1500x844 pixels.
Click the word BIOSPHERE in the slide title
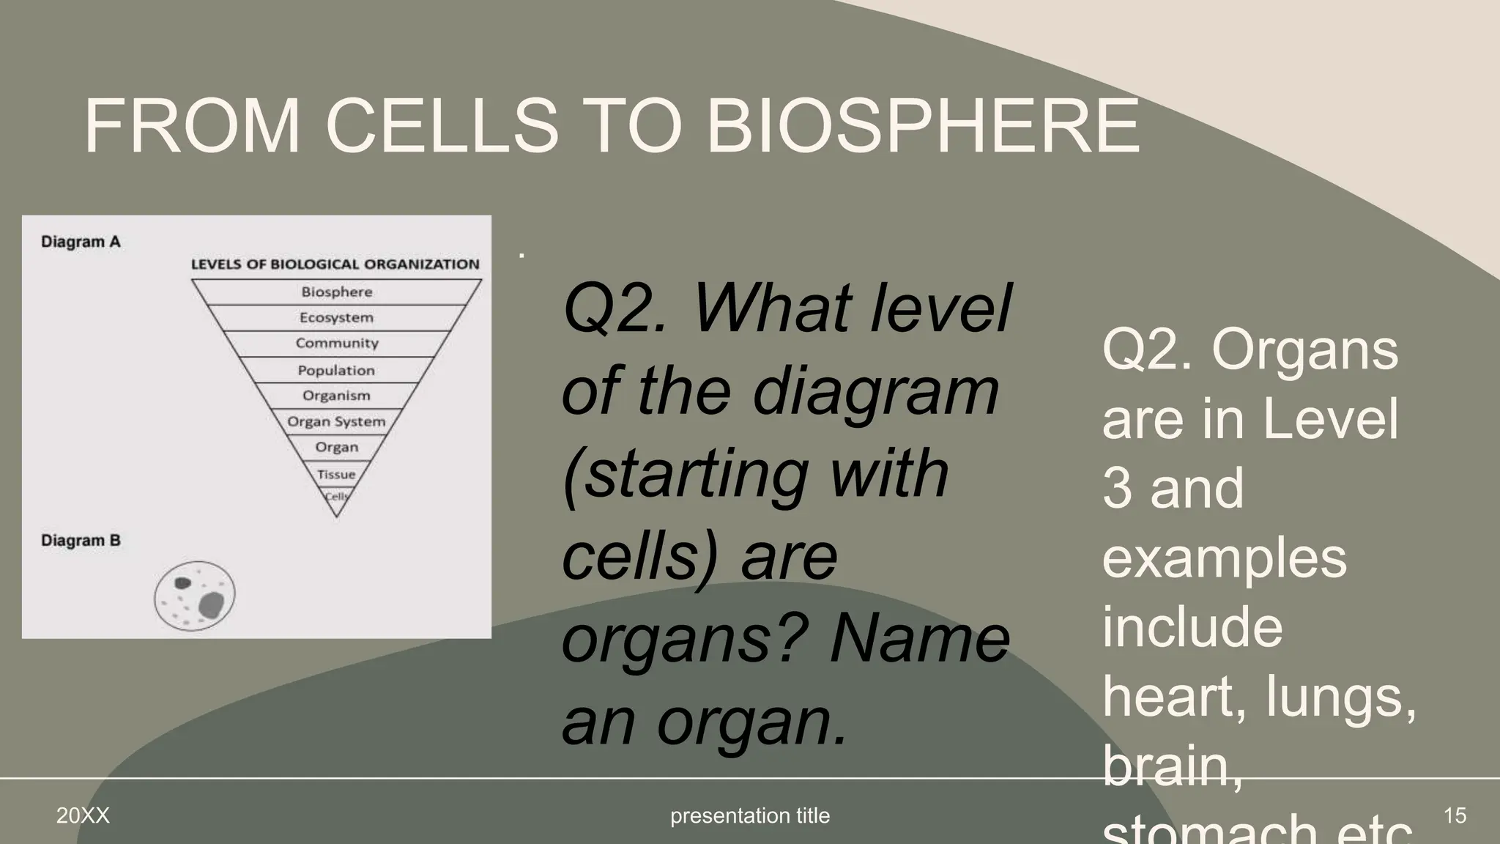click(x=921, y=126)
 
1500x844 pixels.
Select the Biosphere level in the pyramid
click(x=337, y=292)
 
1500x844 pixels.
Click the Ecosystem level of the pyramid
click(x=336, y=317)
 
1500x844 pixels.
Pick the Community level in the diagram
click(x=337, y=343)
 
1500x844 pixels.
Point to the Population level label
click(x=336, y=370)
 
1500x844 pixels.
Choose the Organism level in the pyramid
click(x=336, y=396)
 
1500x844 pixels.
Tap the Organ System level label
click(x=336, y=421)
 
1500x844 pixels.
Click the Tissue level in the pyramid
click(x=336, y=474)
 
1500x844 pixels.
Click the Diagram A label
click(x=81, y=242)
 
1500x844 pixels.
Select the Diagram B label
click(x=81, y=541)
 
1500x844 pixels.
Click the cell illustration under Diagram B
click(x=195, y=596)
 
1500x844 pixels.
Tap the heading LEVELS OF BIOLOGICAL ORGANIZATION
click(x=335, y=264)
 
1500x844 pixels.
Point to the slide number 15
click(x=1455, y=815)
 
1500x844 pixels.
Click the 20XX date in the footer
click(x=83, y=815)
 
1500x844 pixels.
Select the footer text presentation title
click(x=750, y=815)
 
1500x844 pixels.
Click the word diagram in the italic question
click(x=875, y=392)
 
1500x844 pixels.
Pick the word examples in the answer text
click(x=1225, y=558)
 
